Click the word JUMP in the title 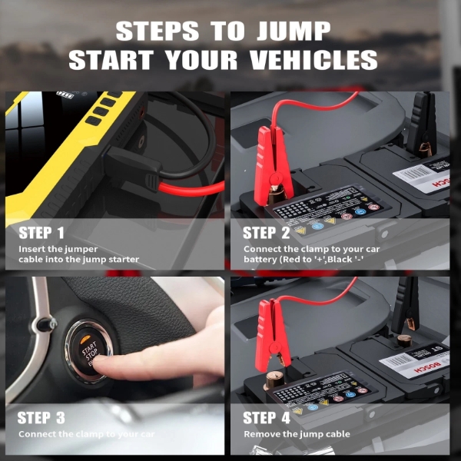pos(290,32)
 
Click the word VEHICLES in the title pos(306,59)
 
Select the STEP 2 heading pos(267,233)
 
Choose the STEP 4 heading pos(267,418)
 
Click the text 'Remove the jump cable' pos(297,434)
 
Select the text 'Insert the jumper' pos(58,249)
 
